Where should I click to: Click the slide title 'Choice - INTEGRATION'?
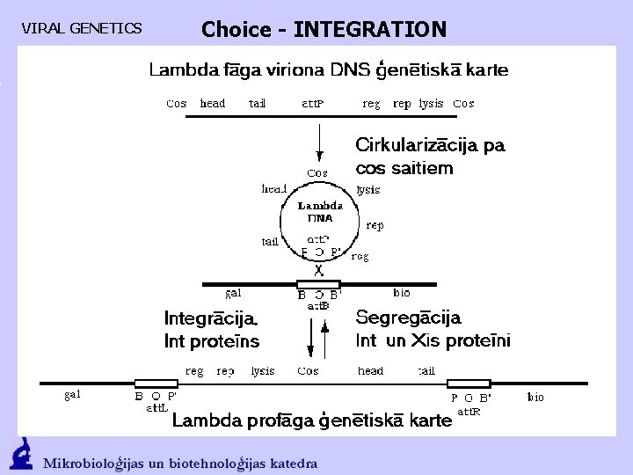point(324,29)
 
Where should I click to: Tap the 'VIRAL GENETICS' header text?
point(81,29)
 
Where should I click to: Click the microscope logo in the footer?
point(20,454)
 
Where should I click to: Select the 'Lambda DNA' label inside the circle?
point(319,211)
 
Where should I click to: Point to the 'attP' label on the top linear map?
point(314,104)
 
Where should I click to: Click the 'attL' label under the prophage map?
point(156,407)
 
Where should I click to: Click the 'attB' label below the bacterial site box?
point(318,306)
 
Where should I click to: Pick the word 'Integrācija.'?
point(211,318)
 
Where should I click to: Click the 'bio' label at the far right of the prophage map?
point(535,397)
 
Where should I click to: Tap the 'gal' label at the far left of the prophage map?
point(72,394)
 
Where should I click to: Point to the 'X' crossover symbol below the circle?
point(318,270)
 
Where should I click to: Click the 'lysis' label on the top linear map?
point(431,104)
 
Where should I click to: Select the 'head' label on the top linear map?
point(213,104)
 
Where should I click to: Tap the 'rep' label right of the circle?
point(375,225)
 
